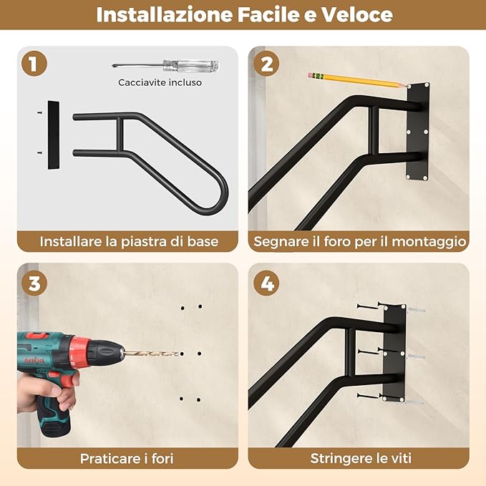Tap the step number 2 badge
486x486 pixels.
click(266, 64)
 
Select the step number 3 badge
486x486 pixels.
click(33, 283)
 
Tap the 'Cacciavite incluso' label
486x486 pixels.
click(160, 82)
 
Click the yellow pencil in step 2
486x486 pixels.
click(358, 79)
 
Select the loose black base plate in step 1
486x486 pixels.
click(54, 135)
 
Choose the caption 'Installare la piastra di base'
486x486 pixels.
click(129, 241)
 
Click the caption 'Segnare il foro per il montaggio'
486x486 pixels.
click(360, 241)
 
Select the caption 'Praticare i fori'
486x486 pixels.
click(127, 458)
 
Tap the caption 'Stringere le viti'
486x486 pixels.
click(360, 458)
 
